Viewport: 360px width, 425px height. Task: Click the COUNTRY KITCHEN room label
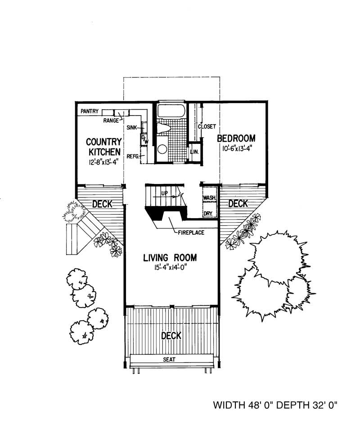(104, 147)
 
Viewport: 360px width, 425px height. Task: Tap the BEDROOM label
(236, 138)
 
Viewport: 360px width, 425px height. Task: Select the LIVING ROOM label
(170, 258)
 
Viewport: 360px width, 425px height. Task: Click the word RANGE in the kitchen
(111, 121)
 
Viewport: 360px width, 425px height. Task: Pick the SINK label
(131, 128)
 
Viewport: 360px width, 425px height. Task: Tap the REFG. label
(132, 157)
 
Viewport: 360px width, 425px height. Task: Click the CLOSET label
(207, 127)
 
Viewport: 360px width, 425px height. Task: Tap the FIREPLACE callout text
(191, 233)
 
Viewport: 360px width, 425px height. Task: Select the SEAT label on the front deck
(170, 360)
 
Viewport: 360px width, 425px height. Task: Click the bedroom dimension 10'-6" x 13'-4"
(237, 149)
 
